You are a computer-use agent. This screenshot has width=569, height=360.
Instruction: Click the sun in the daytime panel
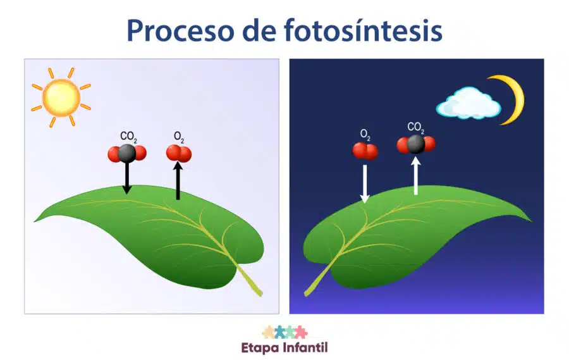pyautogui.click(x=61, y=97)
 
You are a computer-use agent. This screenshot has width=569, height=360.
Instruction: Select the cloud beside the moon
pyautogui.click(x=468, y=103)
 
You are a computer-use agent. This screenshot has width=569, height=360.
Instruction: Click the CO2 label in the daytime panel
pyautogui.click(x=128, y=137)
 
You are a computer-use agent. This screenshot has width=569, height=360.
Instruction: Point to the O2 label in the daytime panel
pyautogui.click(x=179, y=137)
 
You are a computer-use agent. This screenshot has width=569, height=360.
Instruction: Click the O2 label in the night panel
pyautogui.click(x=365, y=135)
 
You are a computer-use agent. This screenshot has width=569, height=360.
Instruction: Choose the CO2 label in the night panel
pyautogui.click(x=415, y=128)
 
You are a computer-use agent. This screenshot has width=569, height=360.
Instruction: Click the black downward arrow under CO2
pyautogui.click(x=126, y=178)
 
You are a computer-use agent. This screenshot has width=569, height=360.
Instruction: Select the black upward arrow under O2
pyautogui.click(x=178, y=180)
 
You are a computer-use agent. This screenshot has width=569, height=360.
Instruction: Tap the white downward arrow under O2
pyautogui.click(x=365, y=184)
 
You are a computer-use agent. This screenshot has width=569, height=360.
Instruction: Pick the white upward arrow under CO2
pyautogui.click(x=416, y=175)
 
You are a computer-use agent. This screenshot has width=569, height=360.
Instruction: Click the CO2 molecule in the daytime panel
pyautogui.click(x=127, y=153)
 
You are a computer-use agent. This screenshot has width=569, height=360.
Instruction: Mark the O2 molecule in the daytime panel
pyautogui.click(x=179, y=153)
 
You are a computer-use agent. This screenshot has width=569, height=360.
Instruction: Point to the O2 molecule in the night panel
pyautogui.click(x=365, y=151)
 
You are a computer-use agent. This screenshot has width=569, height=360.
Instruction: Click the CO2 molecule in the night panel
pyautogui.click(x=416, y=144)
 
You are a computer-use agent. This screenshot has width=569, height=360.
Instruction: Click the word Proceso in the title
pyautogui.click(x=180, y=31)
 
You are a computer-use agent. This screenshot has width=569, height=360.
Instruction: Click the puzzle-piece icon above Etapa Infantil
pyautogui.click(x=285, y=332)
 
